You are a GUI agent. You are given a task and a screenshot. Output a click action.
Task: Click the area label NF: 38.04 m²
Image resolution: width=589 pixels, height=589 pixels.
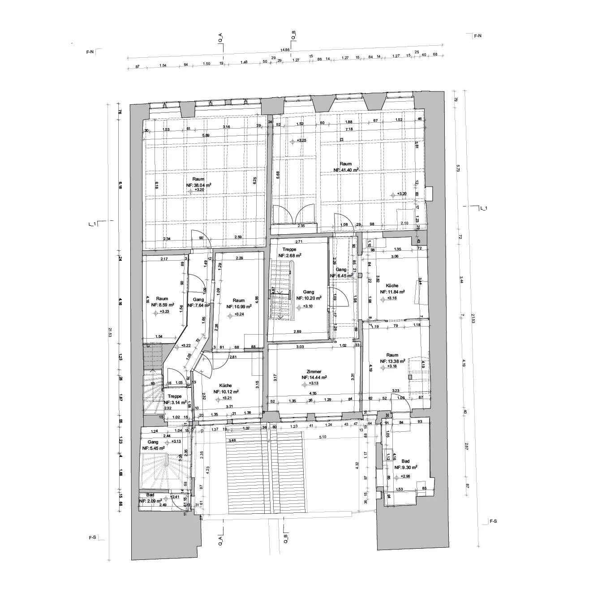198,185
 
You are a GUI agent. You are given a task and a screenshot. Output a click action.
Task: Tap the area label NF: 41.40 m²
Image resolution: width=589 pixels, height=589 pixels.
346,170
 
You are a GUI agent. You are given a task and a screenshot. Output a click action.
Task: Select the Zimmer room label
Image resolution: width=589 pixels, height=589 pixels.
314,371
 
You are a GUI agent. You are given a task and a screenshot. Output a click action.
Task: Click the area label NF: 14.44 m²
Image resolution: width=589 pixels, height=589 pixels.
314,377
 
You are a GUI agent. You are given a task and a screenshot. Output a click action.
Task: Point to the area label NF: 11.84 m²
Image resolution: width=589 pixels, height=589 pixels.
392,292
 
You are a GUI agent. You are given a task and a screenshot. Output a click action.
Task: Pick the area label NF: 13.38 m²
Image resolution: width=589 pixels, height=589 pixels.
392,361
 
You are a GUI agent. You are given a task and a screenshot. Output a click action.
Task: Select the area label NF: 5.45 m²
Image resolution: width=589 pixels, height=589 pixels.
154,448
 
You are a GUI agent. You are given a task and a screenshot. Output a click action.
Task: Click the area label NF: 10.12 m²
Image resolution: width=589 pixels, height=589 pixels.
226,391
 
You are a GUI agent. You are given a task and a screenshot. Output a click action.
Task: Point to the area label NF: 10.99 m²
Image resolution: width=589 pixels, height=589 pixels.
239,306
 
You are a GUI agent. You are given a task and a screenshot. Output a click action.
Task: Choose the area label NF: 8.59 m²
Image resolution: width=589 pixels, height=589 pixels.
162,305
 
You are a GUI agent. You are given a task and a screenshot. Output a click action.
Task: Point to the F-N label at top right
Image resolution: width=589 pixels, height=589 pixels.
477,35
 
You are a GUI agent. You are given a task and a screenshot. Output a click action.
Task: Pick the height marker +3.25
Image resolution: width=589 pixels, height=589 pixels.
302,141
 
